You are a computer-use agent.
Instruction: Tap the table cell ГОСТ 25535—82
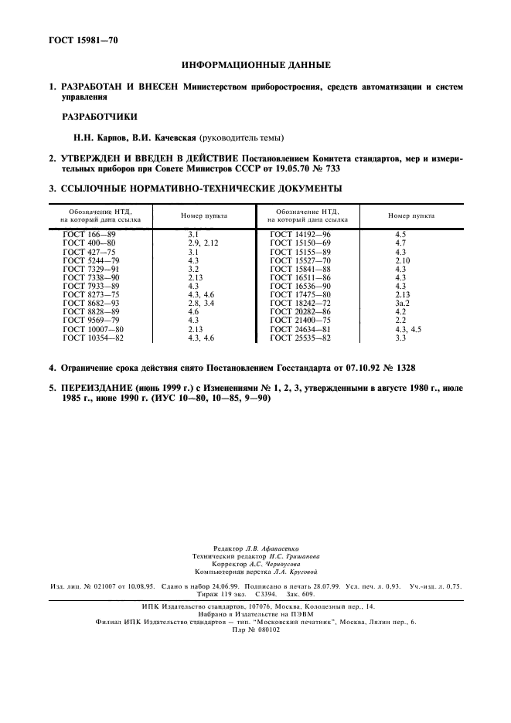coord(301,338)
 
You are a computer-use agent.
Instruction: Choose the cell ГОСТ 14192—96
coord(301,233)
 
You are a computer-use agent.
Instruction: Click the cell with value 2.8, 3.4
coord(199,303)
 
